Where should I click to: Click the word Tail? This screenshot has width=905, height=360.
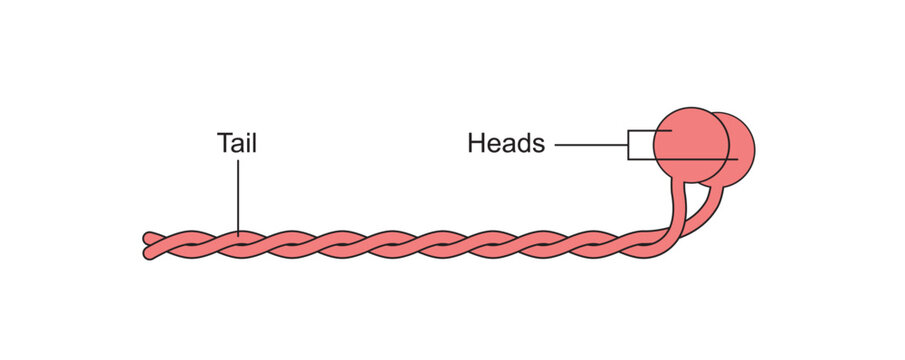click(237, 143)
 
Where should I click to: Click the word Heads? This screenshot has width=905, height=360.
click(506, 144)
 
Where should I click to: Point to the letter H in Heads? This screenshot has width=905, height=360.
click(476, 144)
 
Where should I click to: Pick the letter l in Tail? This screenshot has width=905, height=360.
click(254, 143)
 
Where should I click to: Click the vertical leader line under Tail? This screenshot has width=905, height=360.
click(238, 195)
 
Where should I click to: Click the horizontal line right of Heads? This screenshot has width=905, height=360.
click(590, 145)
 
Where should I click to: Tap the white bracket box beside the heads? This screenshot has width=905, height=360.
click(640, 145)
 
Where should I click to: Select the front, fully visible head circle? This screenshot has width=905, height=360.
click(690, 145)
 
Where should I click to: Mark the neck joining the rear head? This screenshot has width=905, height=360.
click(712, 200)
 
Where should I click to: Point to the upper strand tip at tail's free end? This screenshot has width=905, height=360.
click(148, 238)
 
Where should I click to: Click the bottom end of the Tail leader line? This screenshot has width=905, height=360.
click(238, 235)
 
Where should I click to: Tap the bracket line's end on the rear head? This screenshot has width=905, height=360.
click(735, 159)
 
